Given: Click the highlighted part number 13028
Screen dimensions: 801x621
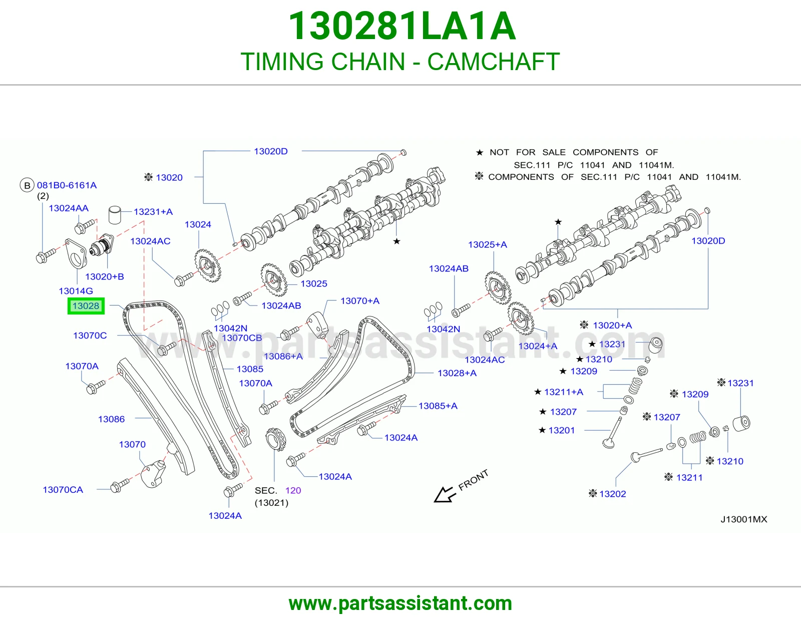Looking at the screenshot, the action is (x=86, y=305).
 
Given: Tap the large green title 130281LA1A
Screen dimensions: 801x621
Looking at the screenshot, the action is (x=402, y=26).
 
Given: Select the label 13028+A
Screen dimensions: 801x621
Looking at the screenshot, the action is (x=457, y=373).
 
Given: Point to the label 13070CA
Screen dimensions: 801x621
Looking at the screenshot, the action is (x=63, y=489).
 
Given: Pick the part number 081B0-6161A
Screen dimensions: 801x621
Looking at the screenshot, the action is (x=67, y=185).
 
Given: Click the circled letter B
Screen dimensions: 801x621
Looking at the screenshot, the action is (x=27, y=185).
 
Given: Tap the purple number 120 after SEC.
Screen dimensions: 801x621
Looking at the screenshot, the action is (x=293, y=490).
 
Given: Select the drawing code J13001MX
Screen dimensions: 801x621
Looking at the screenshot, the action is (x=744, y=519).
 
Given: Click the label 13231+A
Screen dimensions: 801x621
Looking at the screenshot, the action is (x=153, y=212).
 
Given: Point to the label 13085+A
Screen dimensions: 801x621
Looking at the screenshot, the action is (x=438, y=406).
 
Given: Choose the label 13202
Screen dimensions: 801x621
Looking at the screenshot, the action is (x=613, y=494).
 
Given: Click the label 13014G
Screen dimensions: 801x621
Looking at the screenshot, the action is (x=76, y=291).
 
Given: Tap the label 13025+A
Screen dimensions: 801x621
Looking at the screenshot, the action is (x=487, y=244).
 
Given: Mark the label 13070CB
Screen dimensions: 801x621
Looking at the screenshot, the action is (x=242, y=338).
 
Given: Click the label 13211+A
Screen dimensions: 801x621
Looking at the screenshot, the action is (x=564, y=392).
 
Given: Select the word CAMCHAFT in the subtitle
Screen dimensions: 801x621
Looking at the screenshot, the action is (x=494, y=62).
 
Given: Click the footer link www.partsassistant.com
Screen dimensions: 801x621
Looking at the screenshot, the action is (x=400, y=603).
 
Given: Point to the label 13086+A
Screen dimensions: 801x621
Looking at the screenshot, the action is (x=283, y=356).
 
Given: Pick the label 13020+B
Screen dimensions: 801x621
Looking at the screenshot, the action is (x=105, y=276).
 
